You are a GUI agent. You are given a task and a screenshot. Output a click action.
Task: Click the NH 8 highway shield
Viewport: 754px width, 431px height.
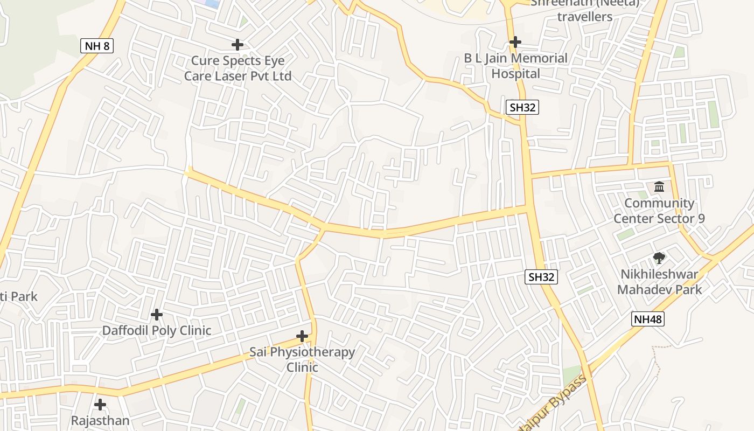coord(97,46)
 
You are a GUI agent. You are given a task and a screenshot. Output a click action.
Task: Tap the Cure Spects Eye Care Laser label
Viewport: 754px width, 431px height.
coord(238,68)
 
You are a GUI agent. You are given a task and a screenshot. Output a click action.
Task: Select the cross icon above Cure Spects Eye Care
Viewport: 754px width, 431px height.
coord(238,44)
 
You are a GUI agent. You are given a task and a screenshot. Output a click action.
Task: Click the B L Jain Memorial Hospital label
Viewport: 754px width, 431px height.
coord(516,66)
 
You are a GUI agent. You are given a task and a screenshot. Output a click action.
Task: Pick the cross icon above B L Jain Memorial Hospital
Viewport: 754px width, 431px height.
coord(515,41)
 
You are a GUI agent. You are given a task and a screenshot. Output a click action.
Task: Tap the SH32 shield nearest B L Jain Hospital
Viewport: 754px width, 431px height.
coord(522,107)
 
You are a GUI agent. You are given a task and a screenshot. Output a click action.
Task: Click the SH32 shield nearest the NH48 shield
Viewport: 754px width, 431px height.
coord(541,277)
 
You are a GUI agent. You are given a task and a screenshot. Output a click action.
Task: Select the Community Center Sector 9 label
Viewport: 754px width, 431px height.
coord(659,211)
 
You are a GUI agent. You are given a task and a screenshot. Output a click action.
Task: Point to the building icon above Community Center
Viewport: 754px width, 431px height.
coord(659,187)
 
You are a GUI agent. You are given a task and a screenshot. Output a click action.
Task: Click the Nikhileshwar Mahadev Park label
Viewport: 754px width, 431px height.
coord(660,282)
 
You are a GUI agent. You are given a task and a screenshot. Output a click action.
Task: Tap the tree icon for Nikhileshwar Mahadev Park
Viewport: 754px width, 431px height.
coord(659,258)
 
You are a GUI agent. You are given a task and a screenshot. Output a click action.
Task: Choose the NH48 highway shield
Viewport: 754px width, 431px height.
coord(648,319)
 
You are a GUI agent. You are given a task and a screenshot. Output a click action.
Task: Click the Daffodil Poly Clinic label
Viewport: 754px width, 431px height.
coord(157,330)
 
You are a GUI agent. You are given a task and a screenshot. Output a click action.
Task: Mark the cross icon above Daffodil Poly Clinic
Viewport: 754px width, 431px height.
coord(157,314)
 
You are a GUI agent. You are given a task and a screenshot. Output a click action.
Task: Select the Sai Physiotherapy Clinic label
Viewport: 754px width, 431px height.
coord(302,359)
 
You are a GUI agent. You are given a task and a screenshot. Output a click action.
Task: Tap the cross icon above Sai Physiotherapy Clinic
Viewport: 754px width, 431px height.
coord(303,337)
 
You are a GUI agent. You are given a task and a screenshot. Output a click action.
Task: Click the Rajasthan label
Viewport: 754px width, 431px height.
coord(101,420)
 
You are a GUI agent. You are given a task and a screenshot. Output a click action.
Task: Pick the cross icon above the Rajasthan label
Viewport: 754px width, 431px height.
coord(100,404)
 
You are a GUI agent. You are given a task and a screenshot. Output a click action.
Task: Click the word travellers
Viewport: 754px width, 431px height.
coord(585,17)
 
